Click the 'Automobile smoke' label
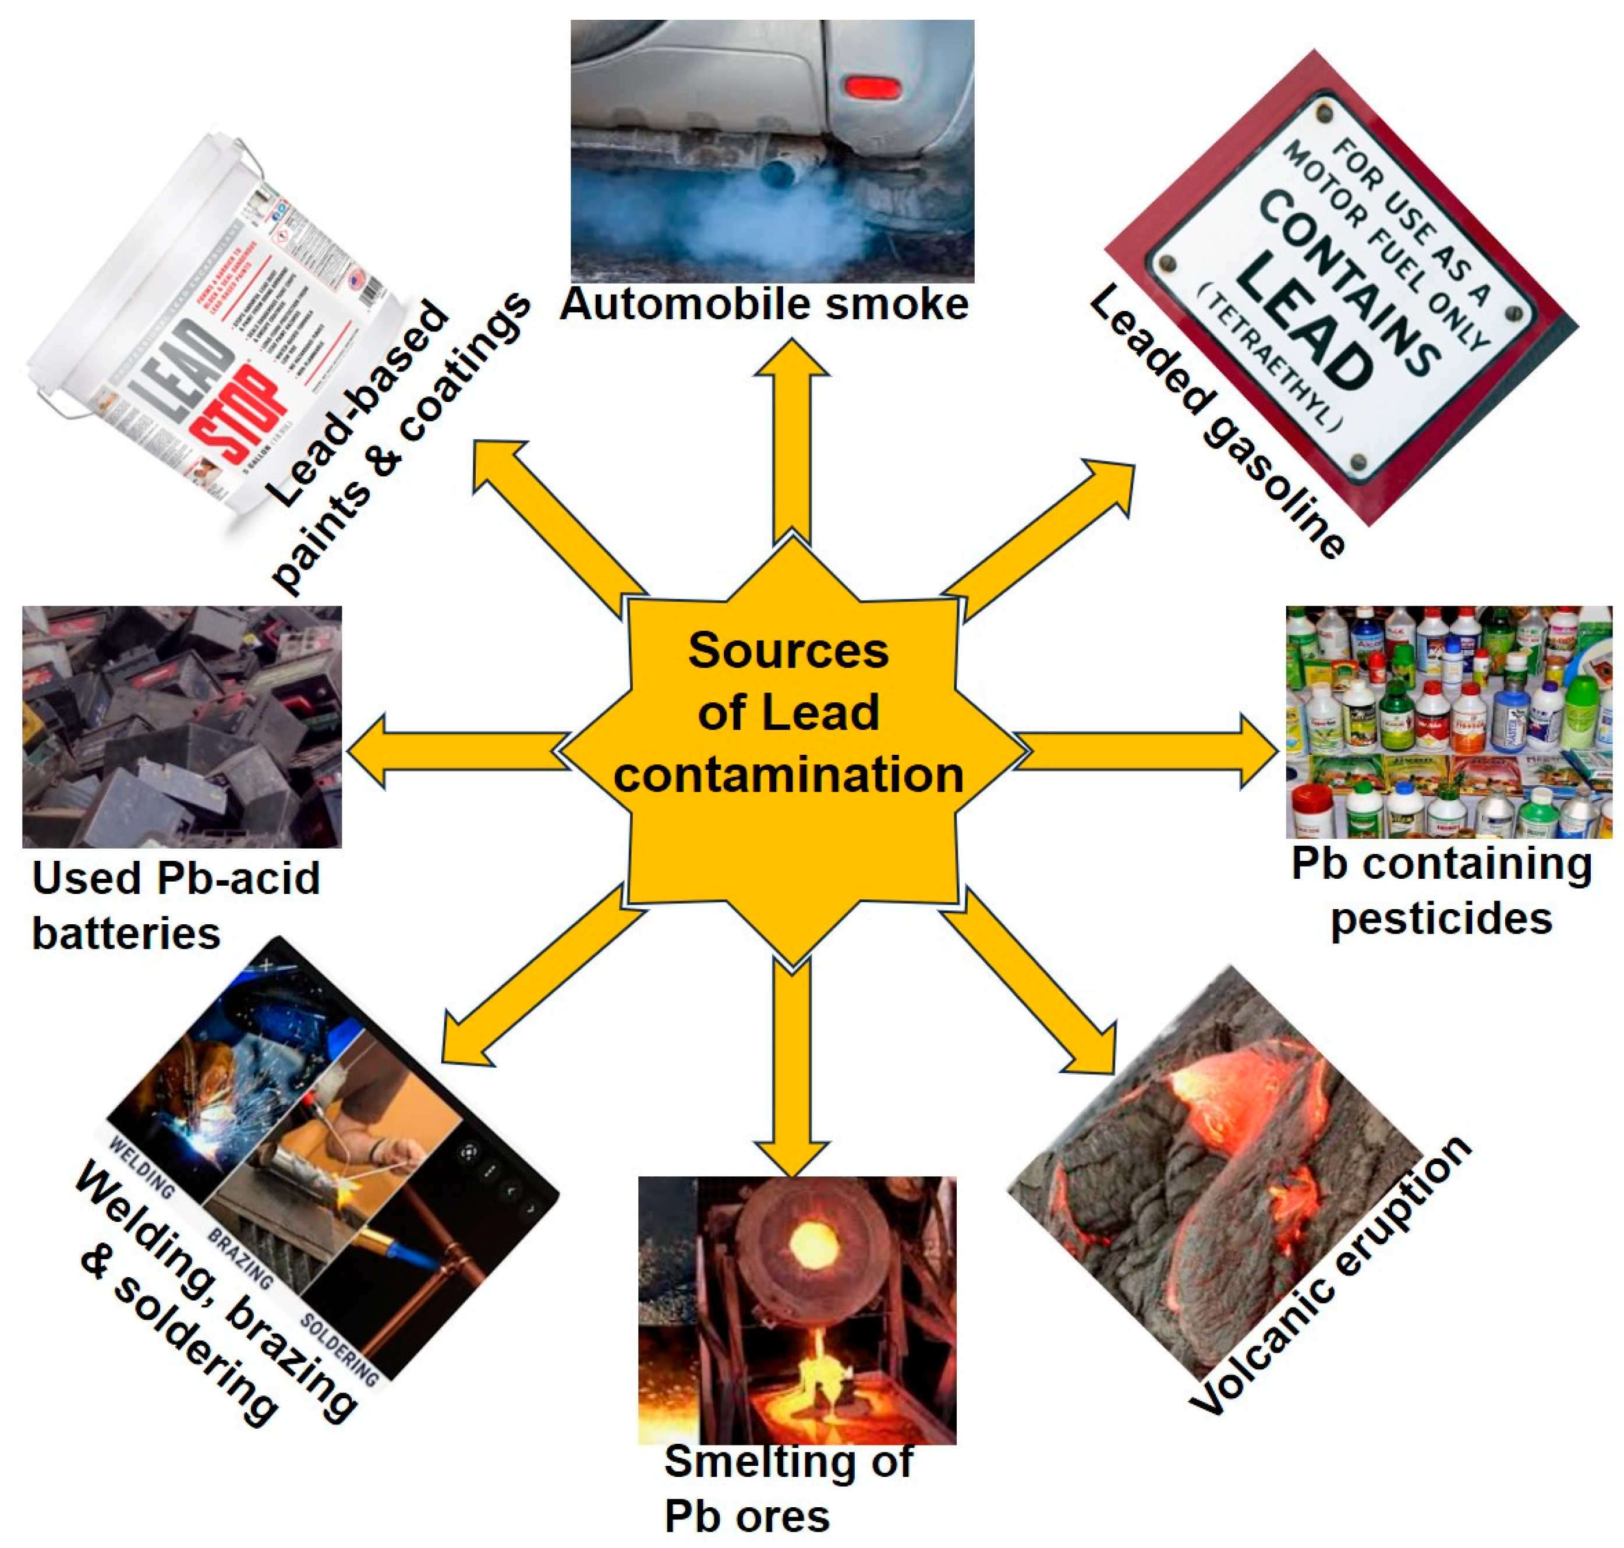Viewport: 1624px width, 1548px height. point(764,305)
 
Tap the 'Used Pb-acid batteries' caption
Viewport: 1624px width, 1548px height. point(175,905)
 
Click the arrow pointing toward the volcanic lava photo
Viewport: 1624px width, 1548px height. point(1031,982)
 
